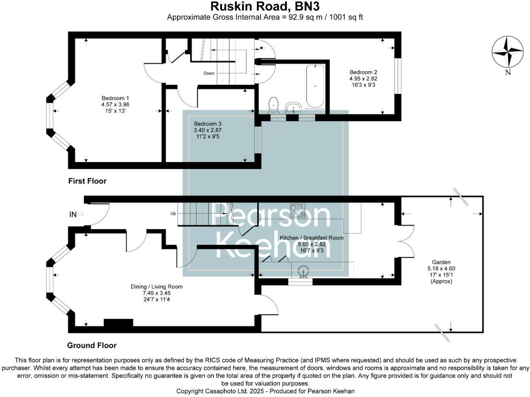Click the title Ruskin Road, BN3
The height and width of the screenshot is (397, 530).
click(x=265, y=7)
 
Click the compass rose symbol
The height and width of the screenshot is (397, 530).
click(x=508, y=52)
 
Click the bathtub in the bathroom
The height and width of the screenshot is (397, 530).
click(x=315, y=86)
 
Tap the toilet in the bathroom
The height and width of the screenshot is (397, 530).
click(x=274, y=104)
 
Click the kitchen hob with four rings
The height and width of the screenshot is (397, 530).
click(x=298, y=211)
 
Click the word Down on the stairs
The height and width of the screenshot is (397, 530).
click(x=209, y=73)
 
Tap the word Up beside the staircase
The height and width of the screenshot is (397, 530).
click(x=173, y=214)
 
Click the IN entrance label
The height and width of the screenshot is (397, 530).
click(x=73, y=214)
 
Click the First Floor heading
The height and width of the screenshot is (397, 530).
click(x=87, y=181)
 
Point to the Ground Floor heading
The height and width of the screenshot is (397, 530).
click(x=92, y=345)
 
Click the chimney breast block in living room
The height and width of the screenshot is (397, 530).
click(x=118, y=323)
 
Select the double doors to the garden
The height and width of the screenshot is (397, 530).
click(x=407, y=241)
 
